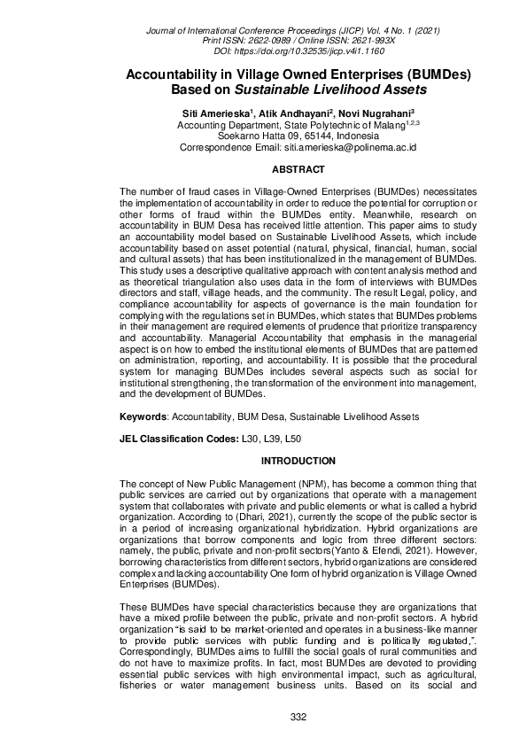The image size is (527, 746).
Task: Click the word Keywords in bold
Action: pyautogui.click(x=143, y=416)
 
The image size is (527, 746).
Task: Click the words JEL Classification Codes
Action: pyautogui.click(x=178, y=439)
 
